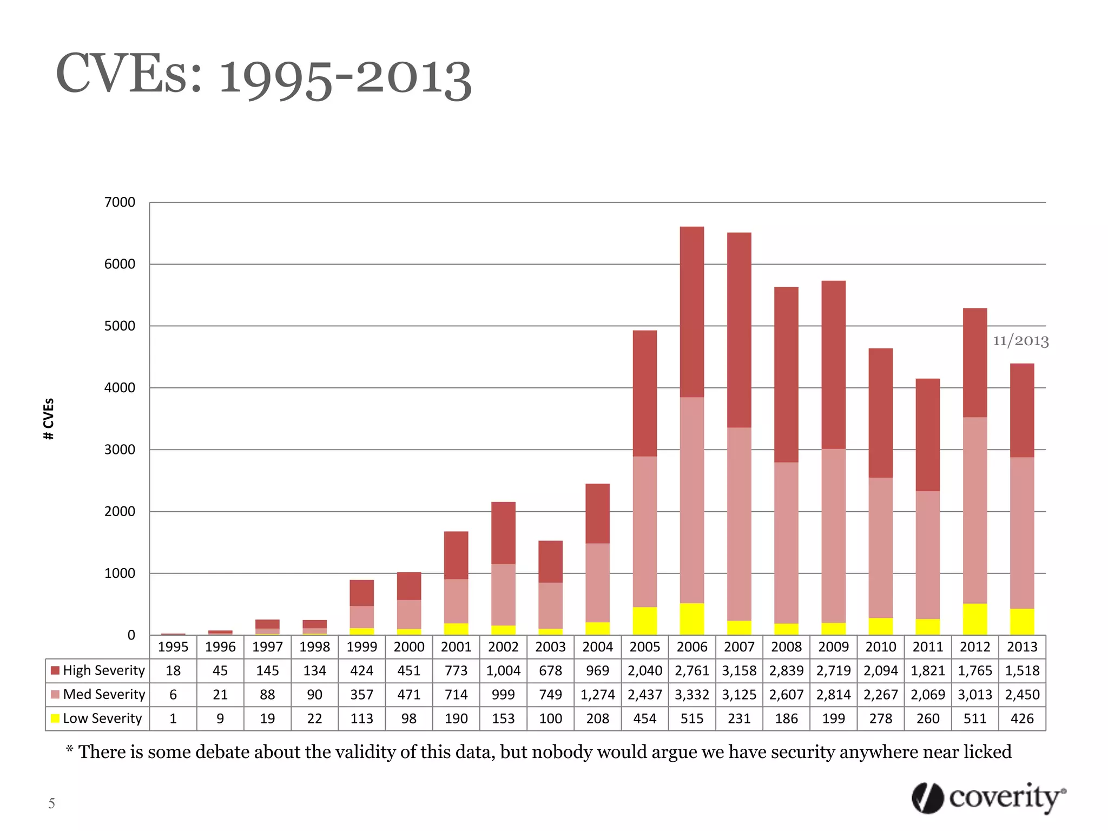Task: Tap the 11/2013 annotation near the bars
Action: [x=1020, y=341]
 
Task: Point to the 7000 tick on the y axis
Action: [x=120, y=202]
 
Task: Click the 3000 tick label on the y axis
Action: [x=120, y=450]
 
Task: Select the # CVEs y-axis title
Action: [x=49, y=419]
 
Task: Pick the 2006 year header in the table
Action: [x=692, y=647]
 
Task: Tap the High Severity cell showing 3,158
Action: [x=739, y=671]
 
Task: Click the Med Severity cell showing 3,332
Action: [x=692, y=695]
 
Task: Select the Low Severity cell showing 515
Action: [x=692, y=718]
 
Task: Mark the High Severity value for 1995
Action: [x=173, y=671]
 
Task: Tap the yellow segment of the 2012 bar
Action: [x=975, y=619]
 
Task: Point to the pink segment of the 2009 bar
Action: [x=833, y=536]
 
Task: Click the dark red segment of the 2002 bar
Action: [x=503, y=533]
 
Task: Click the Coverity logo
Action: [x=988, y=798]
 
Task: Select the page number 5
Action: [x=51, y=803]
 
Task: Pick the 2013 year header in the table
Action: [x=1022, y=647]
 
